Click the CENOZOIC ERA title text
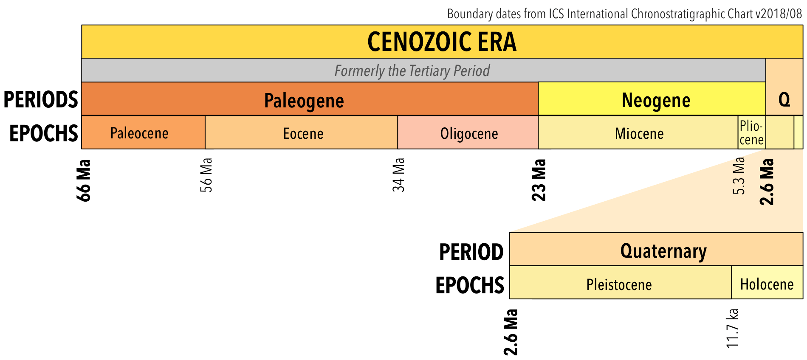tap(442, 42)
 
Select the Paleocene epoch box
tap(140, 133)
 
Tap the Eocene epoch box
tap(303, 134)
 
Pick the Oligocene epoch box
tap(469, 134)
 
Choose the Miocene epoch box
tap(639, 134)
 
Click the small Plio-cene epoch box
tap(751, 133)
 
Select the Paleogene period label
tap(304, 101)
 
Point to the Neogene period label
tap(656, 101)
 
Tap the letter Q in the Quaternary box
tap(784, 100)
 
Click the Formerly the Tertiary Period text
tap(412, 70)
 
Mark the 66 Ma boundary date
tap(84, 180)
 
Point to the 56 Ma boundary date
tap(206, 175)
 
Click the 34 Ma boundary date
tap(398, 175)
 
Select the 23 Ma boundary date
tap(539, 180)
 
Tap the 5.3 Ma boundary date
tap(739, 176)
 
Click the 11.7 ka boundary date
tap(732, 328)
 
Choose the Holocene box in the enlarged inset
tap(767, 284)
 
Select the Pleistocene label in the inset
tap(619, 284)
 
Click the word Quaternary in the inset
tap(663, 251)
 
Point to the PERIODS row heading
tap(41, 100)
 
